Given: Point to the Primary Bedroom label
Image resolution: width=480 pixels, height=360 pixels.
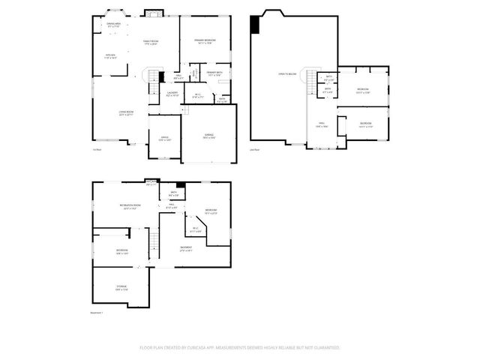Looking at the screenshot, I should click(205, 40).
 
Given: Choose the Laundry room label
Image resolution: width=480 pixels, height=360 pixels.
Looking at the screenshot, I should click(171, 94).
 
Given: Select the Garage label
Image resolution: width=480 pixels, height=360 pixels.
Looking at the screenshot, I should click(209, 136).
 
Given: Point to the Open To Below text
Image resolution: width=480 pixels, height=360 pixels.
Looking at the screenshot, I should click(288, 73).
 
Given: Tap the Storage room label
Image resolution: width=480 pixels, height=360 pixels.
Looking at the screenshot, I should click(121, 287).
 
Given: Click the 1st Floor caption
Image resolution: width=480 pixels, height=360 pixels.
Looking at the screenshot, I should click(97, 149).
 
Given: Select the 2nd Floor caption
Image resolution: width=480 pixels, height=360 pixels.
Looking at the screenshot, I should click(253, 149).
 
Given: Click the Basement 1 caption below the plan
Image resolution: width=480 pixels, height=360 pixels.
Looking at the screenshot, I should click(96, 313).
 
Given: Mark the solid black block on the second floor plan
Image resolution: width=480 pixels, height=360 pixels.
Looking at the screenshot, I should click(255, 23).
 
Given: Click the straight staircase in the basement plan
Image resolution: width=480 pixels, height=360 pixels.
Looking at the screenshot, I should click(156, 243).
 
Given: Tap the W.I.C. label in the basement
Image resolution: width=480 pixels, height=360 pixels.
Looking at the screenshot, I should click(195, 229).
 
